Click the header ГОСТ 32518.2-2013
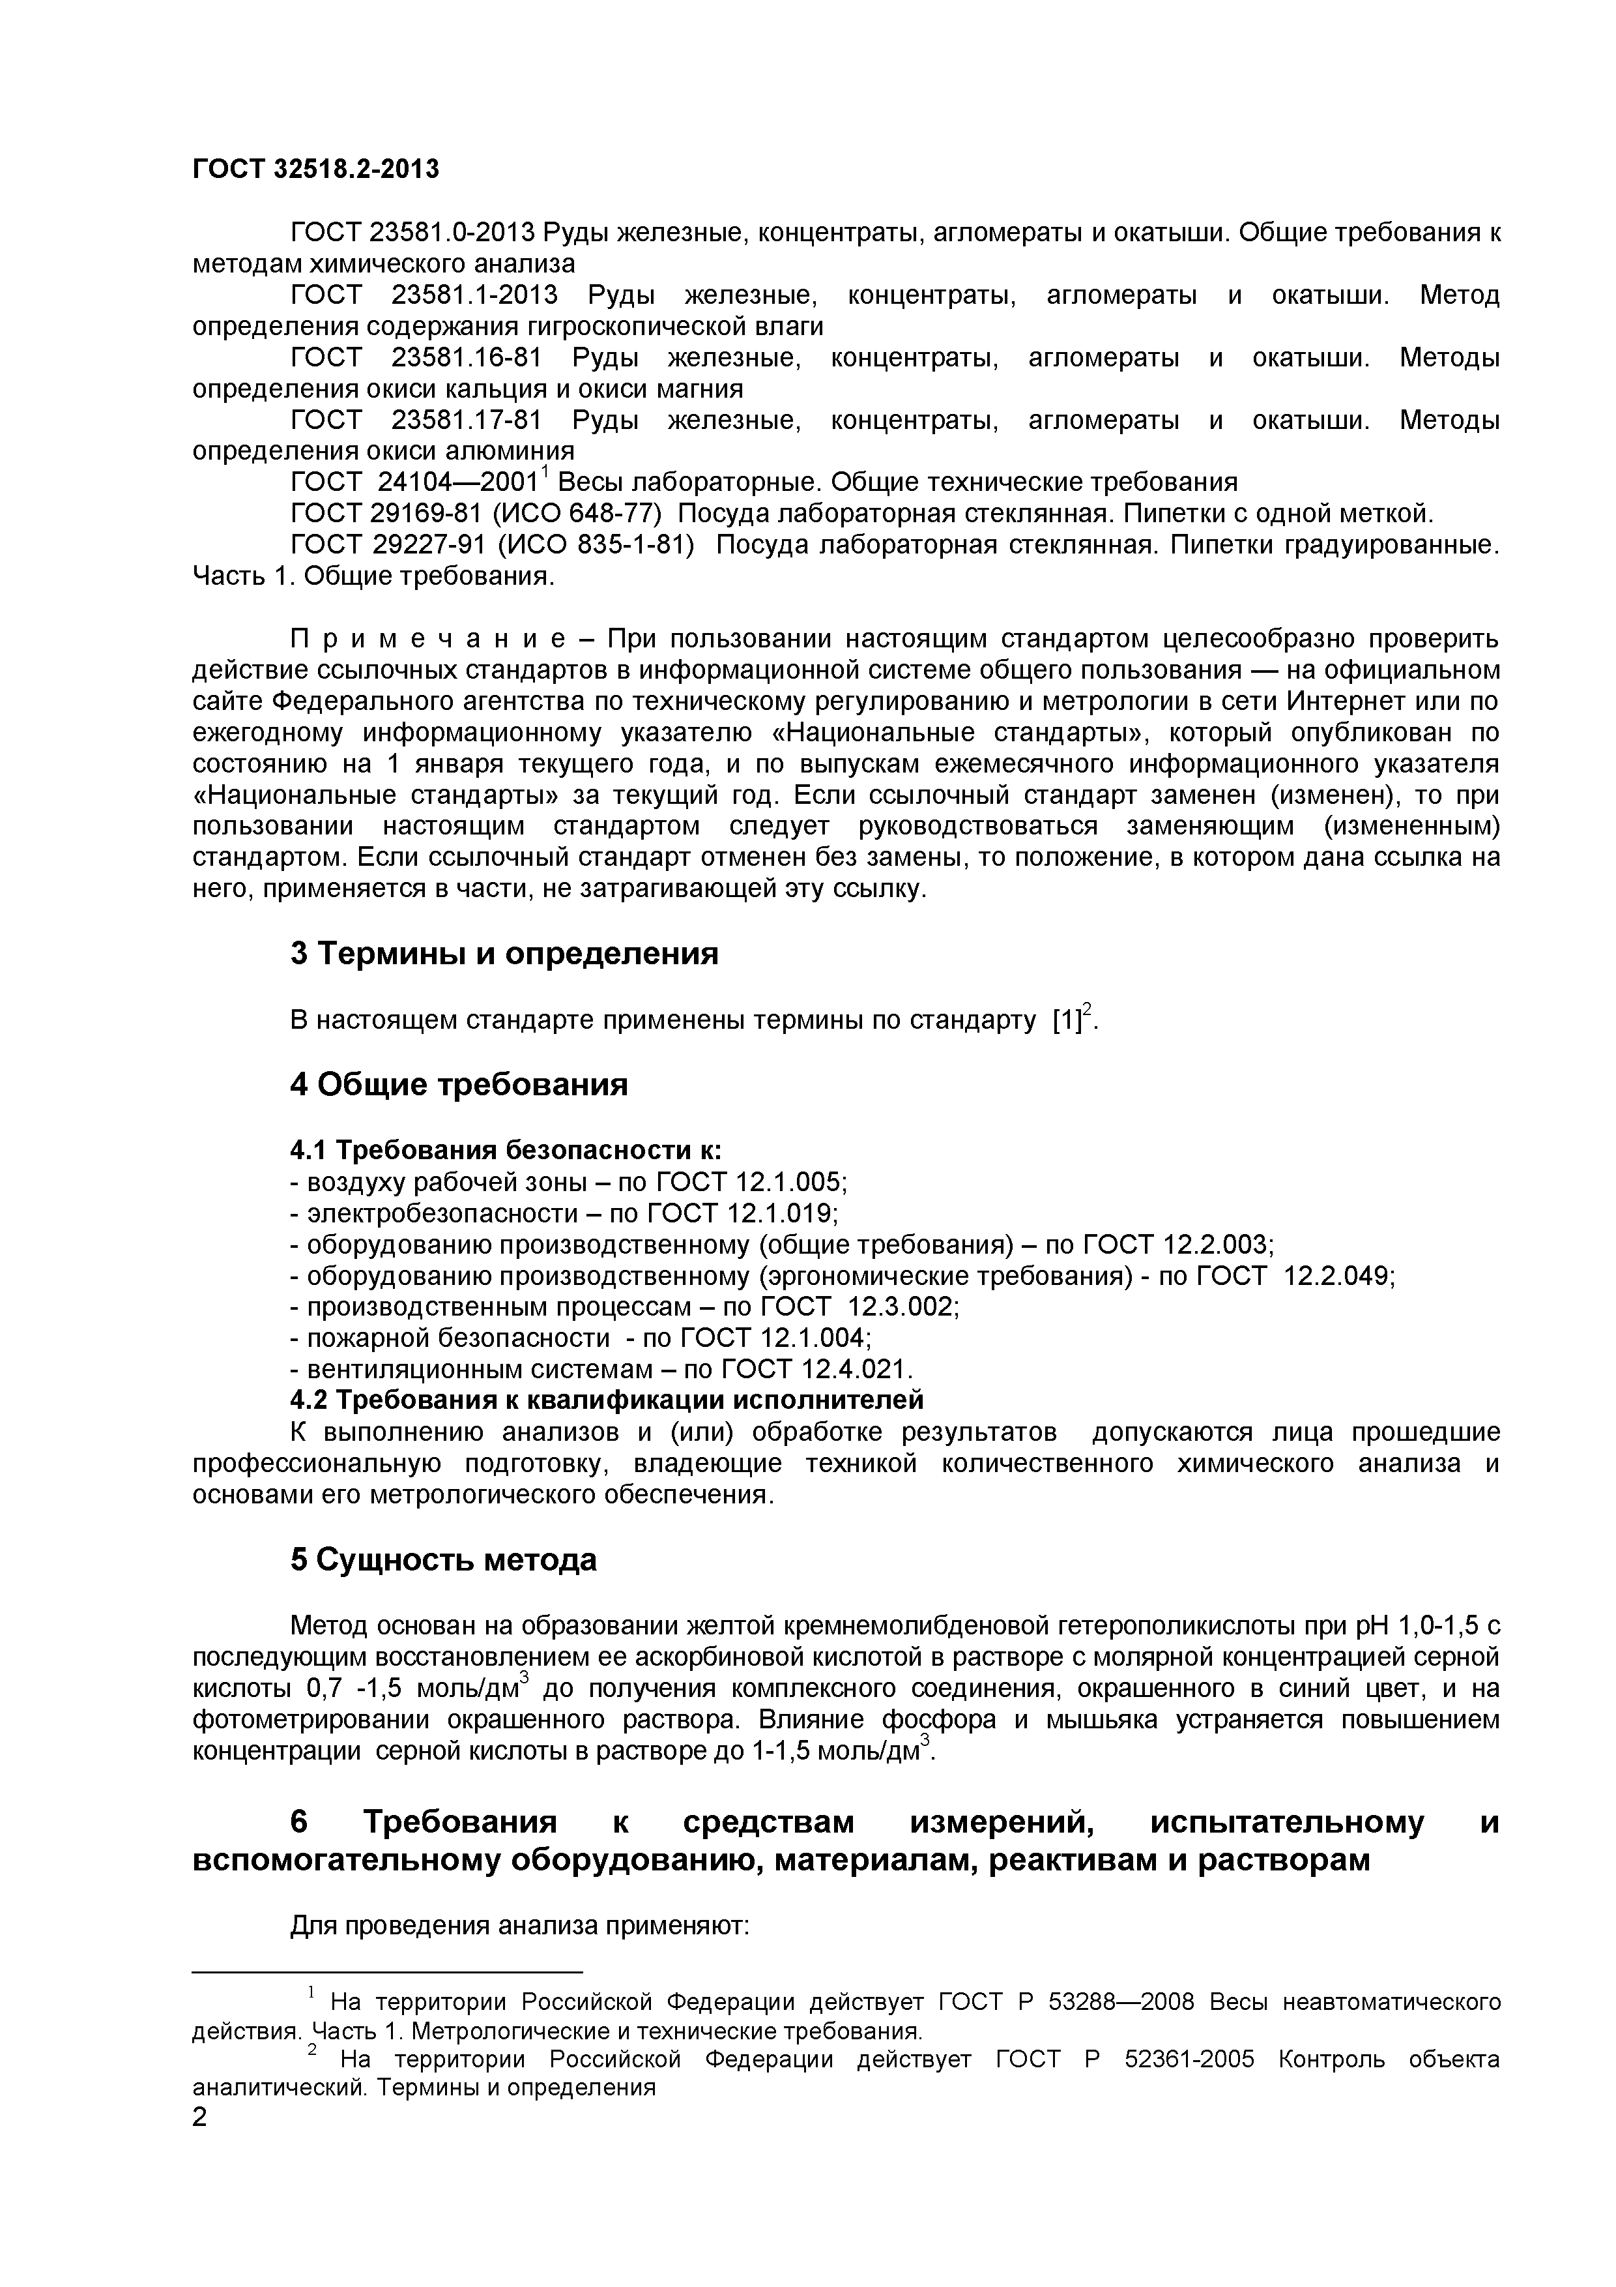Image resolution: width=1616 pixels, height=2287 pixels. click(315, 170)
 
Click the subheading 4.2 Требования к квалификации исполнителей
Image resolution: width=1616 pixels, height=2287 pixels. click(607, 1400)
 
